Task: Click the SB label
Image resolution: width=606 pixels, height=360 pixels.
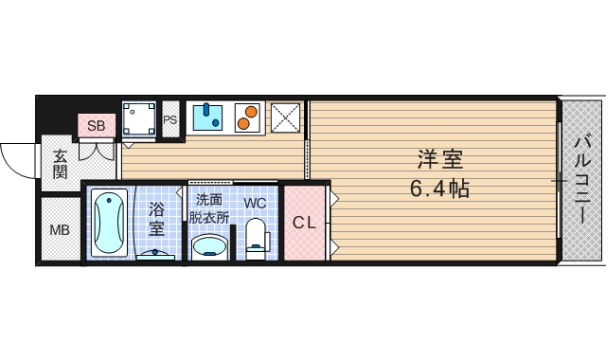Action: pos(96,125)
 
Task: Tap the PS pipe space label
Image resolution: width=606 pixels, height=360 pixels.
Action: pos(170,120)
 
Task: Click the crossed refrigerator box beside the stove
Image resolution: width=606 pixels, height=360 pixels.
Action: pos(285,117)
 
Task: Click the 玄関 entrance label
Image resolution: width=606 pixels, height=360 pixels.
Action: pos(60,164)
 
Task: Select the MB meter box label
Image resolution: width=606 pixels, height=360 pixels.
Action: pos(59,230)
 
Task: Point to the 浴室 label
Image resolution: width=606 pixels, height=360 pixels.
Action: pos(156,218)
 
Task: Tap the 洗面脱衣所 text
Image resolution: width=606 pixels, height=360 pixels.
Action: pos(210,207)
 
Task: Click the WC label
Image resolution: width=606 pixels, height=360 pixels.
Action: pos(255,203)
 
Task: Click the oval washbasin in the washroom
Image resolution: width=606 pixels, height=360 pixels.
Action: pos(209,246)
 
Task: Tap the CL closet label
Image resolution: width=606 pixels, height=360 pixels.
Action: pos(304,224)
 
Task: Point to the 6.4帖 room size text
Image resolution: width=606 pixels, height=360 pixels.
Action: pos(439,189)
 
